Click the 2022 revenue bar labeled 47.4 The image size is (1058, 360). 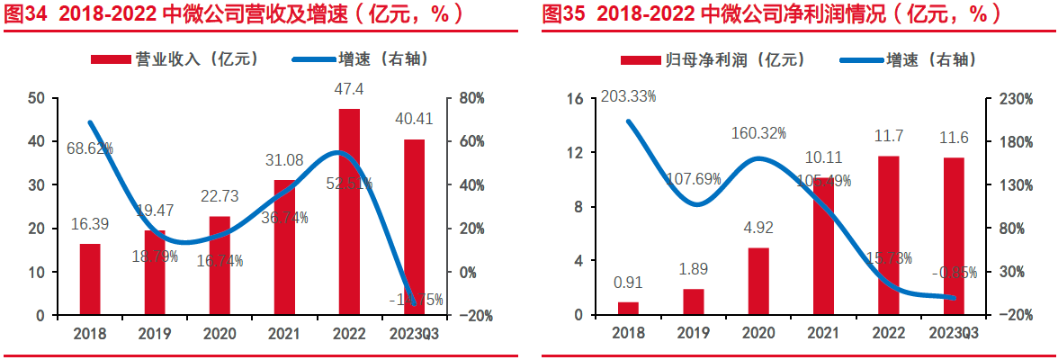[349, 212]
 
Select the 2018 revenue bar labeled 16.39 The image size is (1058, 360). [90, 279]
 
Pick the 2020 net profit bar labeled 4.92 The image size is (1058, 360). [758, 281]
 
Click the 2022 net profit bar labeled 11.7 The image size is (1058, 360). [888, 235]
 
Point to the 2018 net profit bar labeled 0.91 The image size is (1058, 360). [628, 308]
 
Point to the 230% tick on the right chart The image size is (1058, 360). [1012, 98]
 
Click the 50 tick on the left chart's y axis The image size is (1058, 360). [37, 98]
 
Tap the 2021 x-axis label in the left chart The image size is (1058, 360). [284, 333]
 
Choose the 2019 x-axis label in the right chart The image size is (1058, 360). [693, 333]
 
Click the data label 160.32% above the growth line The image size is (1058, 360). [758, 132]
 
